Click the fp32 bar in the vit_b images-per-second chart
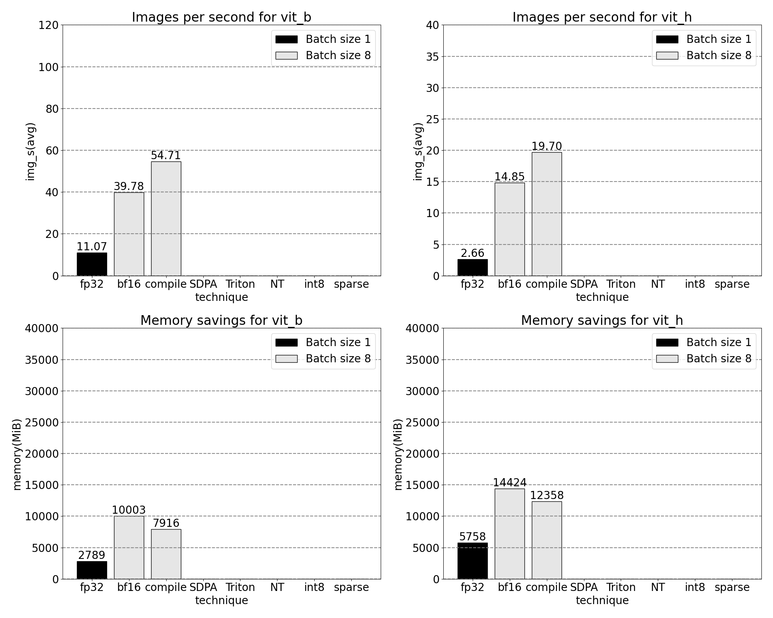click(x=92, y=264)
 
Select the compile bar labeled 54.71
click(x=166, y=219)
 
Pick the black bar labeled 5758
click(x=472, y=561)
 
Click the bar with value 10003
click(x=129, y=547)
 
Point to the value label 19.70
click(x=547, y=146)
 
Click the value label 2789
click(x=92, y=555)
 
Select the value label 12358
click(x=547, y=495)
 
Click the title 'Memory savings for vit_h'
click(x=602, y=321)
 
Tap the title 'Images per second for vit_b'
click(x=221, y=17)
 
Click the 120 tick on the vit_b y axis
click(x=49, y=25)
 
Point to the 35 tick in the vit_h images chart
click(x=432, y=57)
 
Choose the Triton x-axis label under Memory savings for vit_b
click(x=240, y=587)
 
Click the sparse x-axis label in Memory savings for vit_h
click(x=732, y=587)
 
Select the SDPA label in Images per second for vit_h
click(x=584, y=284)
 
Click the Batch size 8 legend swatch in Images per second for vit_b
click(x=286, y=56)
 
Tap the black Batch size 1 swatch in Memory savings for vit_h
click(x=667, y=342)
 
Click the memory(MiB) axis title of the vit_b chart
click(x=17, y=454)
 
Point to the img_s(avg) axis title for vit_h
click(x=418, y=151)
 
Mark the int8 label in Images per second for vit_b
click(x=314, y=284)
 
